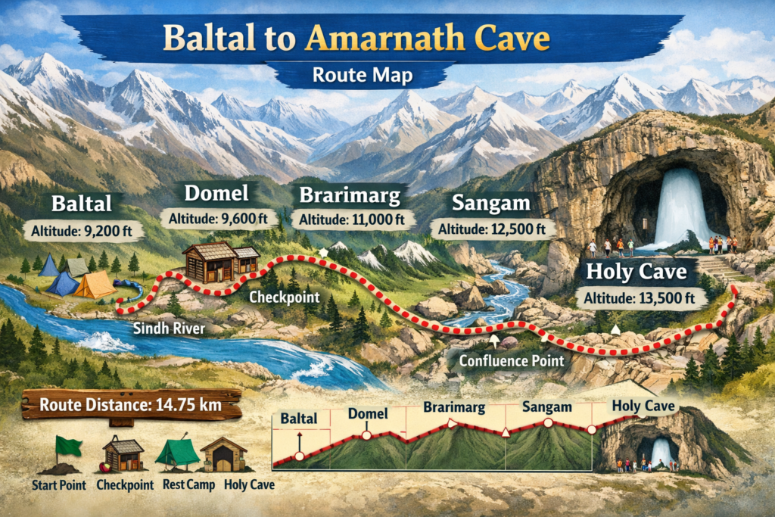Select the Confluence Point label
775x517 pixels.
click(x=512, y=360)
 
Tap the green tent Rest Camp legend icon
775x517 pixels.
click(x=177, y=453)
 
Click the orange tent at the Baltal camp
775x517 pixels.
click(x=95, y=285)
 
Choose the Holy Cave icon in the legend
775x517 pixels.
click(x=224, y=454)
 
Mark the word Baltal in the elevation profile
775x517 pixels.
click(x=299, y=418)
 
